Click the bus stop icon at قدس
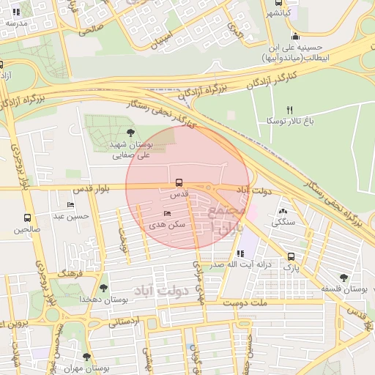coord(179,183)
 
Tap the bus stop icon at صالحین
coord(28,218)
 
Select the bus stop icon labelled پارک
coord(292,257)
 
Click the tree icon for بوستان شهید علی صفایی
coord(130,133)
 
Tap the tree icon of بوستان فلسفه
coord(344,278)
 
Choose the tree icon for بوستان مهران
coord(86,357)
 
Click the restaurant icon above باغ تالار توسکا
coord(290,109)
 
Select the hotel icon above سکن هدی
coord(167,215)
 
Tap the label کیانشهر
coord(278,13)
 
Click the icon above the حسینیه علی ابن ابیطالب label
coord(295,37)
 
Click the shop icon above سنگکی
coord(283,210)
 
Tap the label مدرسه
coord(15,23)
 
